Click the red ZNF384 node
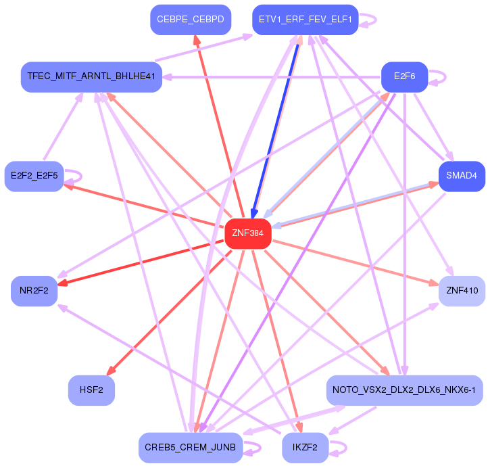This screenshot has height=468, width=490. pyautogui.click(x=247, y=234)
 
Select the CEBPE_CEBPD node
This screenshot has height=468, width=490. pyautogui.click(x=191, y=20)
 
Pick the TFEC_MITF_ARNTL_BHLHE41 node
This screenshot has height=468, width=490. pyautogui.click(x=91, y=76)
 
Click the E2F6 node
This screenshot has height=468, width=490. pyautogui.click(x=403, y=76)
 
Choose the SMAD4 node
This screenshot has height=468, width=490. pyautogui.click(x=462, y=177)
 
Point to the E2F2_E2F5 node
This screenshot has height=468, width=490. pyautogui.click(x=34, y=177)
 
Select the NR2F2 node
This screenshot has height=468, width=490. pyautogui.click(x=34, y=291)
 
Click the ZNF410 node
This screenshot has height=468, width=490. pyautogui.click(x=462, y=291)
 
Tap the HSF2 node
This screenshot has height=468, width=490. pyautogui.click(x=91, y=391)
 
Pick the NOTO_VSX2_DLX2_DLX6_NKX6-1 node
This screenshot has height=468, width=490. pyautogui.click(x=403, y=390)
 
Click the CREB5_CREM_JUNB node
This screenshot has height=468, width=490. pyautogui.click(x=190, y=447)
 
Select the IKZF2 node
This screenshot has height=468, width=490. pyautogui.click(x=305, y=447)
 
